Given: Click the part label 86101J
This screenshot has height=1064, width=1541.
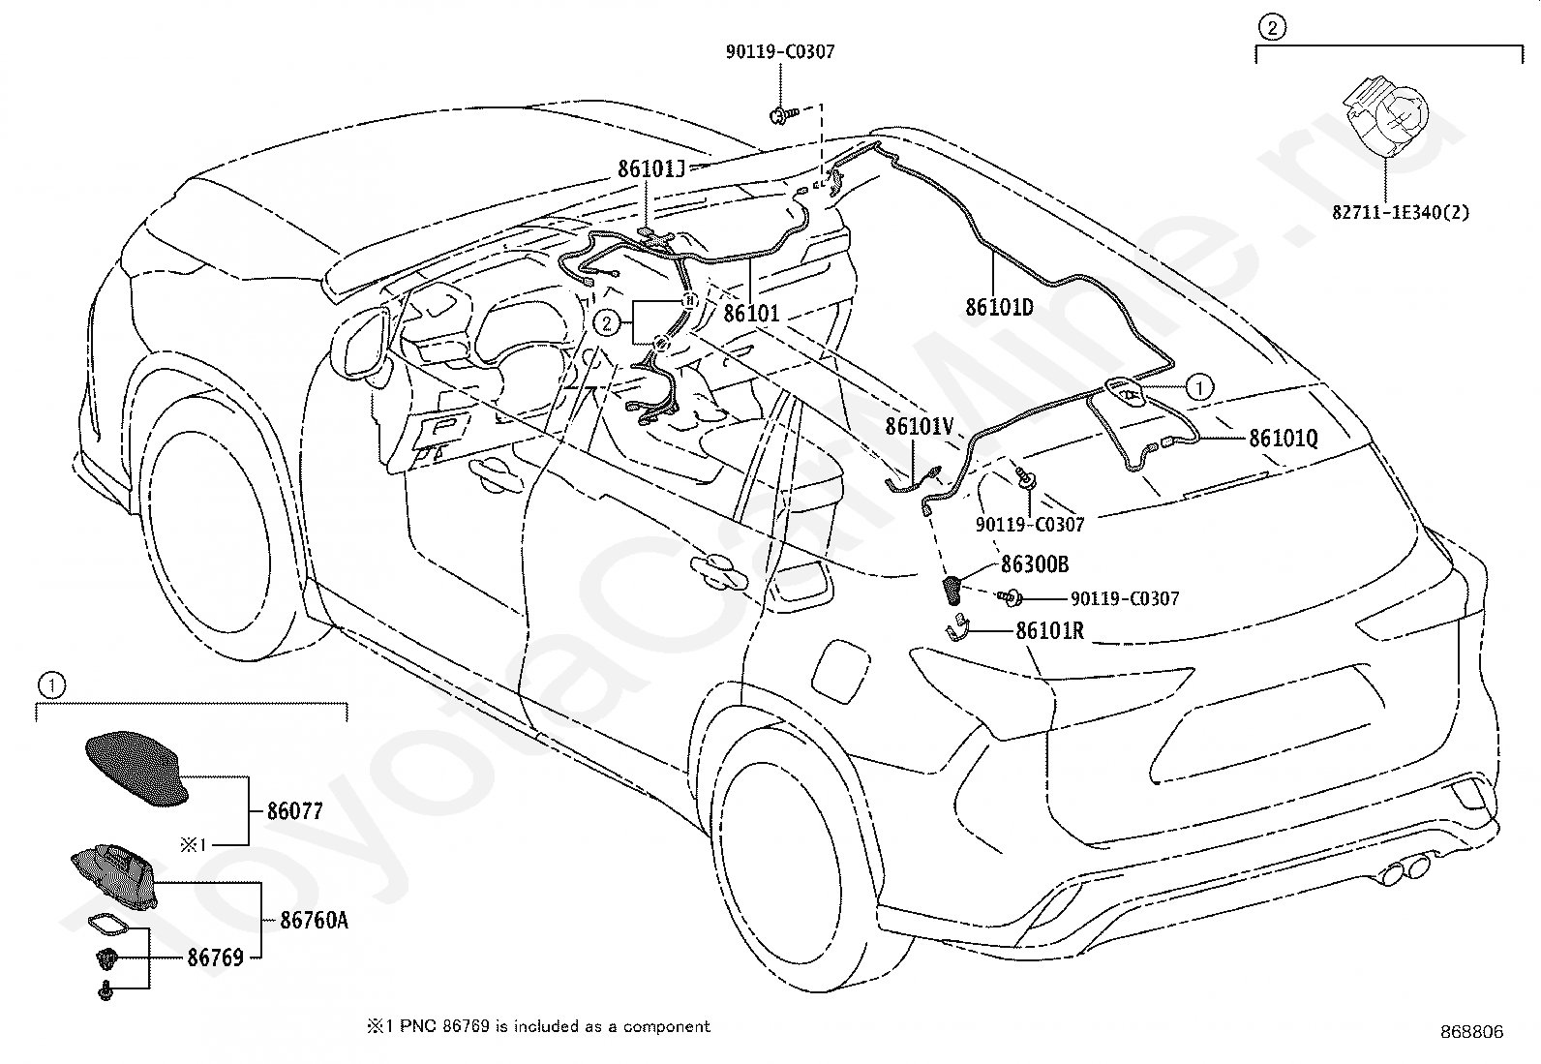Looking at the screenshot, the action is tap(650, 168).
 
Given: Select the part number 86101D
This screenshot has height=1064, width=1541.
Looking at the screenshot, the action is tap(999, 307).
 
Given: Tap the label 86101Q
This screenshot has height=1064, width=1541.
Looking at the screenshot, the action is tap(1283, 438).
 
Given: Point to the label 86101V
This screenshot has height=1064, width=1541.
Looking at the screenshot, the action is tap(920, 427).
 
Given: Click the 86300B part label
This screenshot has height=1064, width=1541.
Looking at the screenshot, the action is tap(1035, 564).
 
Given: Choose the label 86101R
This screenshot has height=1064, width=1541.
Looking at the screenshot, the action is tap(1050, 630).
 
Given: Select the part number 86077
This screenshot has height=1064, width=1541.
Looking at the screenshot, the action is tap(295, 811).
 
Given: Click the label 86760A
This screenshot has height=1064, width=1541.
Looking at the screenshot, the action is tap(314, 920).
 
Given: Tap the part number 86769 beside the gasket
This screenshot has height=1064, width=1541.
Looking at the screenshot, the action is tap(215, 958).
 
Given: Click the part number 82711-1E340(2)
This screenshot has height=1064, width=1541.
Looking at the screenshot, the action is tap(1400, 212).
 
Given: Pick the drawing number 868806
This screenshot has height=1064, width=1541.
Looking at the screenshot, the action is tap(1471, 1032).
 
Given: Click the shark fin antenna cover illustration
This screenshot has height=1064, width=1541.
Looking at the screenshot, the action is tap(136, 768).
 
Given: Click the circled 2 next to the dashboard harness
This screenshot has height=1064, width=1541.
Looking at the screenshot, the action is tap(606, 322).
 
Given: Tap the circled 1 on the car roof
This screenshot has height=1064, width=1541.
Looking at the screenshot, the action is tap(1199, 387).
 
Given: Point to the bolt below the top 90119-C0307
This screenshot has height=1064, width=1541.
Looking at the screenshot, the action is tap(782, 115).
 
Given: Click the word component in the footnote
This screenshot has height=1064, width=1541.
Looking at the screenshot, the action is tap(666, 1027).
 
